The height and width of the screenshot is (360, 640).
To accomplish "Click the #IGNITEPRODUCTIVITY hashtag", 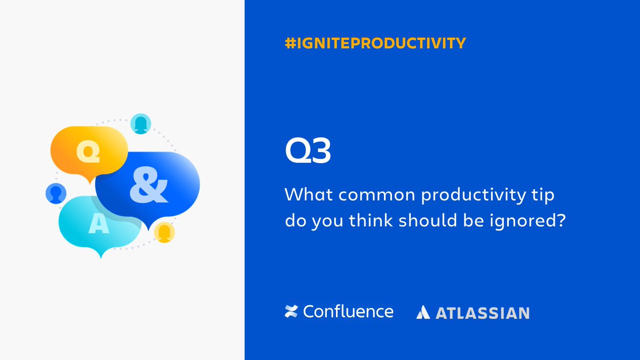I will [375, 43].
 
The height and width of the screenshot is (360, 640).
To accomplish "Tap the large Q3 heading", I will [308, 152].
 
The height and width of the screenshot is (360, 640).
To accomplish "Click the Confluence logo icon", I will [291, 312].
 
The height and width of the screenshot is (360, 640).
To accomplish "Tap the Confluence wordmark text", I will [348, 311].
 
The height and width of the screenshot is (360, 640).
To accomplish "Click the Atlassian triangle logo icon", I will [423, 313].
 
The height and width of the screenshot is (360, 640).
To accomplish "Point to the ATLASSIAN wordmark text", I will [483, 313].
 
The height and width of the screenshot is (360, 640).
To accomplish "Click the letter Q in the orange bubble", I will [88, 151].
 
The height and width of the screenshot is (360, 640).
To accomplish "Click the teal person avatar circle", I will [141, 123].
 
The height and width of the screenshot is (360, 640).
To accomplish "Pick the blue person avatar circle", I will [55, 193].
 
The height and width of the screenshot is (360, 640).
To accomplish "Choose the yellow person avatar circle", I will [164, 232].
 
